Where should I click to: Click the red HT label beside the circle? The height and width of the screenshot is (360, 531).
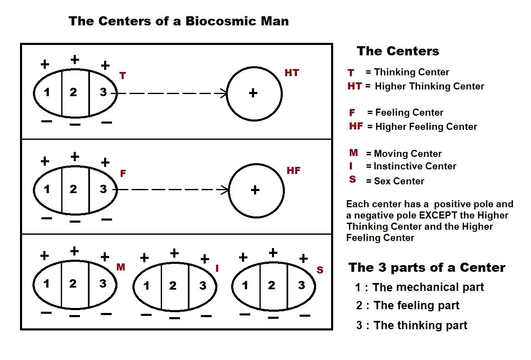[292, 73]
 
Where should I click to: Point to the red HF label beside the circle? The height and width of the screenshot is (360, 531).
[293, 171]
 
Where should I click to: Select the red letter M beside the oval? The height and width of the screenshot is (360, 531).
[121, 267]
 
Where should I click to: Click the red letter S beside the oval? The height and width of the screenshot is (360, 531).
[320, 270]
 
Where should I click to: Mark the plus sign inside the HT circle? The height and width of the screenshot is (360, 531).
[253, 93]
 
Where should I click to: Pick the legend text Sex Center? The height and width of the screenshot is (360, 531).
[399, 181]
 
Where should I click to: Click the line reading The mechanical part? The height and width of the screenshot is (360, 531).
[428, 287]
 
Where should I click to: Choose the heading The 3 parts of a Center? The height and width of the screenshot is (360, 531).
[427, 267]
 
